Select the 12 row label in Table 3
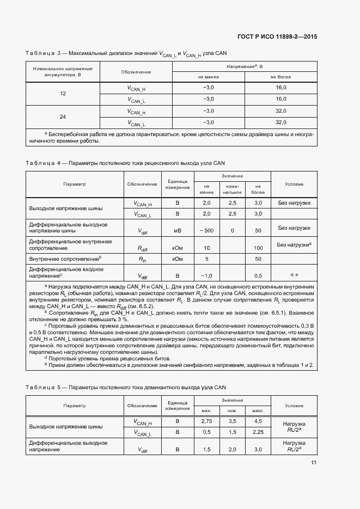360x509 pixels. click(63, 94)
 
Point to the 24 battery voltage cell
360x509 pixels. click(63, 117)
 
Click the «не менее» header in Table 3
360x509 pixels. click(208, 77)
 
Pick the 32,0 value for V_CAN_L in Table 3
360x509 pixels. click(280, 122)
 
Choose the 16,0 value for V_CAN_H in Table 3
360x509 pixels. click(280, 88)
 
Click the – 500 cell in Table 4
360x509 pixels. click(206, 231)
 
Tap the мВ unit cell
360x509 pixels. click(177, 231)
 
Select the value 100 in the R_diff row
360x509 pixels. click(258, 248)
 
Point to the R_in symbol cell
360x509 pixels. click(143, 259)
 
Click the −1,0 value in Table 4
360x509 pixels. click(206, 275)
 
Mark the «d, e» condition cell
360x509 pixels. click(294, 274)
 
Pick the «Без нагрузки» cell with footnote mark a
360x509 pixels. click(294, 245)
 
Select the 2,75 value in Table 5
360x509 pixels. click(206, 421)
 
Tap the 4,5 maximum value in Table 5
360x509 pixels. click(258, 421)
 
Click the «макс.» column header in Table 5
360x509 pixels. click(258, 410)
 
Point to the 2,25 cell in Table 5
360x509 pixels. click(258, 432)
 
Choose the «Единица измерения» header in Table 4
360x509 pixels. click(177, 184)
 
